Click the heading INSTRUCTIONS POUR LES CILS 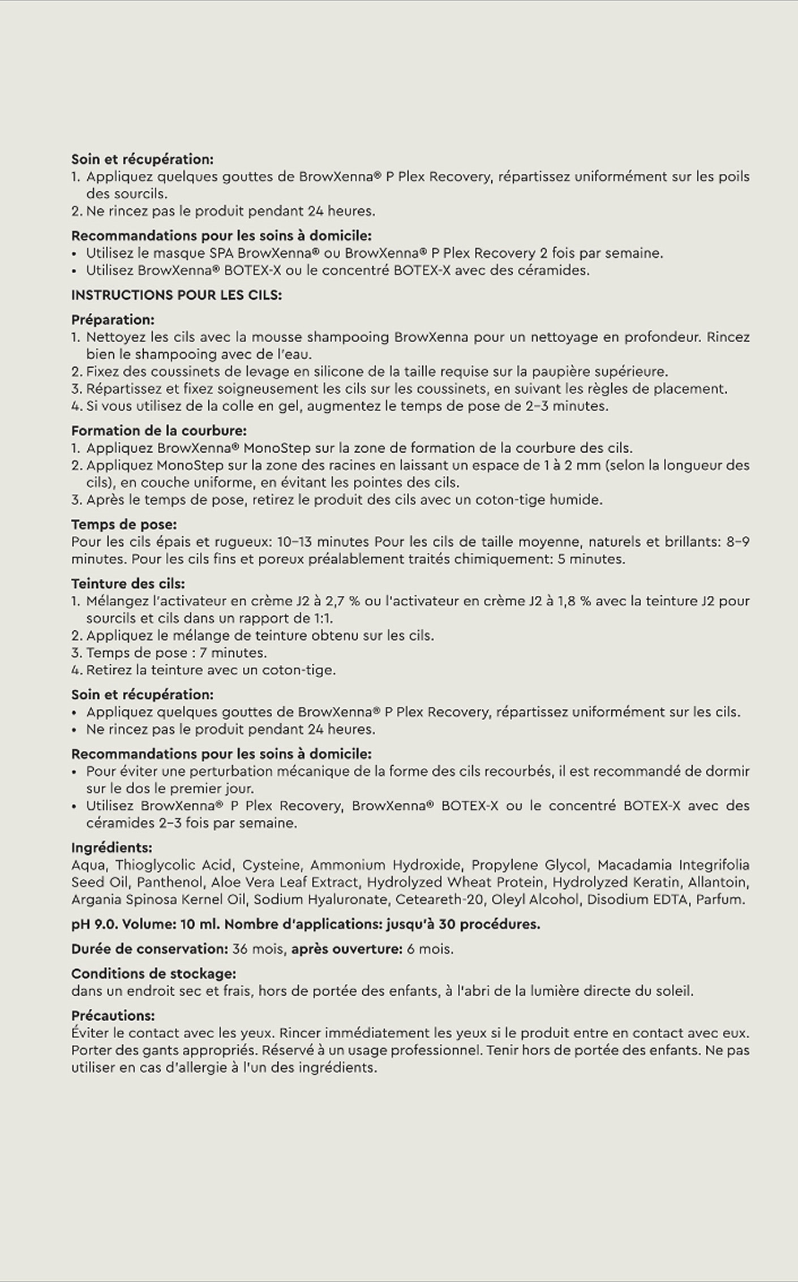(176, 295)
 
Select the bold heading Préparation (113, 320)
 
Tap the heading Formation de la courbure (158, 431)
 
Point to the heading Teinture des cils (128, 583)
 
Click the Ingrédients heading (111, 848)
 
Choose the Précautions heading (113, 1016)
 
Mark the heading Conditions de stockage (153, 974)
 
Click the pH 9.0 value (94, 924)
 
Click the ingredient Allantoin (718, 882)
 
